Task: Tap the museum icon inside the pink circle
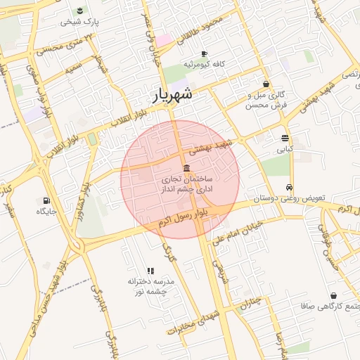click(x=185, y=168)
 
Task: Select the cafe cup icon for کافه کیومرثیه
click(x=204, y=54)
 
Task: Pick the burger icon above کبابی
click(x=284, y=139)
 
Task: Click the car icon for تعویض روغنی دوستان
click(x=290, y=188)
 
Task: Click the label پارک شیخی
click(x=81, y=22)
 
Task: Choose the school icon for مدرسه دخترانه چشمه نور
click(x=150, y=271)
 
